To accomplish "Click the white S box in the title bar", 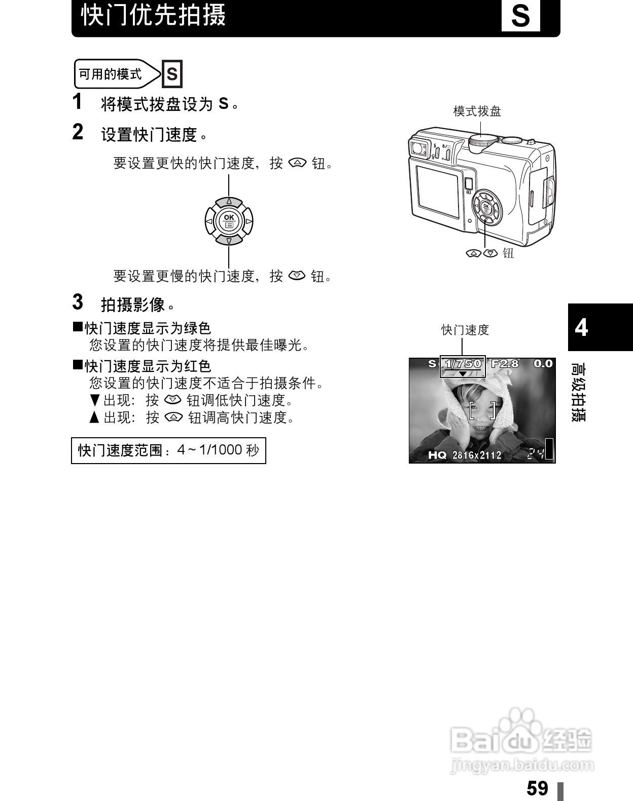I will pyautogui.click(x=520, y=16).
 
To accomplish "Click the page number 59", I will pyautogui.click(x=538, y=788).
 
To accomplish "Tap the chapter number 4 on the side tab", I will pyautogui.click(x=581, y=327).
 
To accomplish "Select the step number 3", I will pyautogui.click(x=78, y=302).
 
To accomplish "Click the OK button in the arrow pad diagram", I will pyautogui.click(x=229, y=220).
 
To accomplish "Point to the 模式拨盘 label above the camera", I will pyautogui.click(x=477, y=111).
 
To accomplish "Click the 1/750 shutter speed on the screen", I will pyautogui.click(x=463, y=364).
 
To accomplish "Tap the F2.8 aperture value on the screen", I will pyautogui.click(x=505, y=364).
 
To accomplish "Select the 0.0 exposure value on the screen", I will pyautogui.click(x=543, y=364).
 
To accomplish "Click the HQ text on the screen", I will pyautogui.click(x=437, y=455).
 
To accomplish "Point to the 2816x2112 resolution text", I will pyautogui.click(x=477, y=455).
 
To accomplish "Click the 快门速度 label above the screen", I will pyautogui.click(x=465, y=330).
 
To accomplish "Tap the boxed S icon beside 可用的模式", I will pyautogui.click(x=172, y=74).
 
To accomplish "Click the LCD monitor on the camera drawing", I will pyautogui.click(x=437, y=191).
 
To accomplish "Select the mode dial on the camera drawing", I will pyautogui.click(x=480, y=142).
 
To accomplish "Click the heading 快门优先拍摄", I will pyautogui.click(x=154, y=15).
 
